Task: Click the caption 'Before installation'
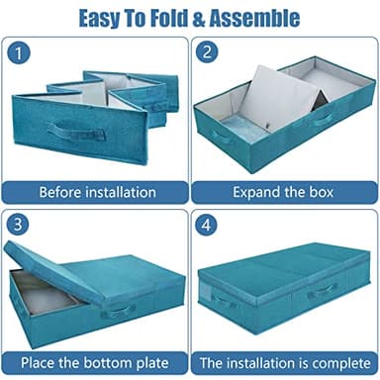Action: [x=97, y=192]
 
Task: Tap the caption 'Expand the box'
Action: [x=285, y=192]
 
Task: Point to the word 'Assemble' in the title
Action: [x=257, y=17]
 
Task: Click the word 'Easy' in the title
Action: [x=104, y=17]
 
